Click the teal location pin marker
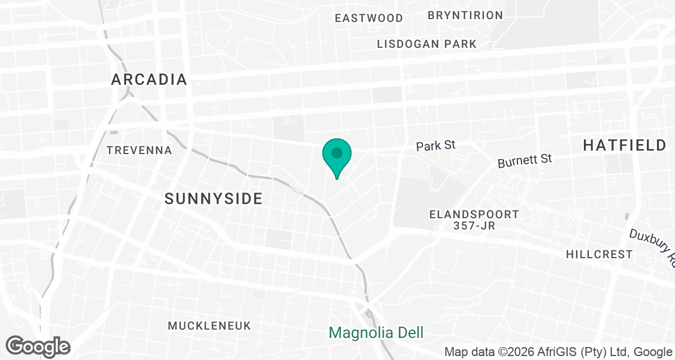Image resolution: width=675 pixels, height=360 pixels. (337, 155)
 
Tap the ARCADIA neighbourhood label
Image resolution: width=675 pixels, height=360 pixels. (149, 79)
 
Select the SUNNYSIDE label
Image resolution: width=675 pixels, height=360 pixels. (214, 199)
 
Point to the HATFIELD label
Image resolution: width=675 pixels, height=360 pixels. (624, 146)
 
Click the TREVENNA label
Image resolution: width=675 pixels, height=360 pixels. (139, 151)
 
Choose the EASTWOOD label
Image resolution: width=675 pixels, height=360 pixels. (368, 18)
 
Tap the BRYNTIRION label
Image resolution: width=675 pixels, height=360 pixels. (465, 15)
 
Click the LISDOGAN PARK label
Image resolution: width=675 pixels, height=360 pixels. (427, 44)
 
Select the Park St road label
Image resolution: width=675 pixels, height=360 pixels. (435, 146)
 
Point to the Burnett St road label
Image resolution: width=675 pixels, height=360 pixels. (524, 160)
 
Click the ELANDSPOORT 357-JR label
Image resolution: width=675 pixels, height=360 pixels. (474, 220)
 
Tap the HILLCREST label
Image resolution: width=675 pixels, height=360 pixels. (599, 254)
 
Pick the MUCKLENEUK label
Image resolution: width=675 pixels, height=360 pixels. (210, 326)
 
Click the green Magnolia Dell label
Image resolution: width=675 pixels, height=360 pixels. (376, 332)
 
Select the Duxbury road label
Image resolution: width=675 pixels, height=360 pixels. (652, 244)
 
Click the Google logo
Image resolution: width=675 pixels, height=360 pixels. (38, 346)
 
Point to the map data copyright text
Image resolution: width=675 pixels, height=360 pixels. (559, 352)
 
